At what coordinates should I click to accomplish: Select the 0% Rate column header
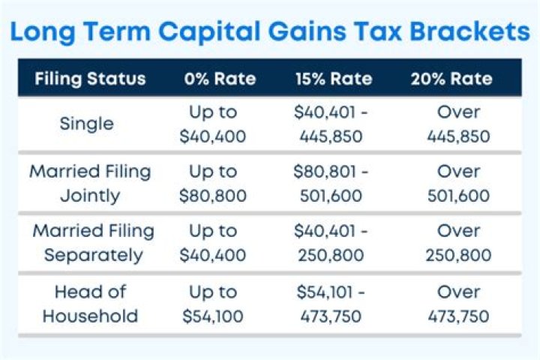[220, 79]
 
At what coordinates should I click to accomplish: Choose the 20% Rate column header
[451, 79]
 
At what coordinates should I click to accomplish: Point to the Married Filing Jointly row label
[90, 184]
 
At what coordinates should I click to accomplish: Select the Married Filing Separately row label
[93, 243]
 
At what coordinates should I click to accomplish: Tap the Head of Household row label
[90, 303]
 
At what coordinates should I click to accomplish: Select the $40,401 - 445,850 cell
[331, 124]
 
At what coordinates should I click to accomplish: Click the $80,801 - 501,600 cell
[331, 184]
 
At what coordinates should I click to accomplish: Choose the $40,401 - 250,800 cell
[331, 243]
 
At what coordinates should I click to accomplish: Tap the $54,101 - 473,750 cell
[331, 303]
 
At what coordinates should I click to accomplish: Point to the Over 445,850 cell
[458, 124]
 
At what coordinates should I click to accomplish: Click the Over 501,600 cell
[458, 184]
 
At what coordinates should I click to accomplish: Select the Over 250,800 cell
[458, 243]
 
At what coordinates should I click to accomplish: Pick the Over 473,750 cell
[458, 303]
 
